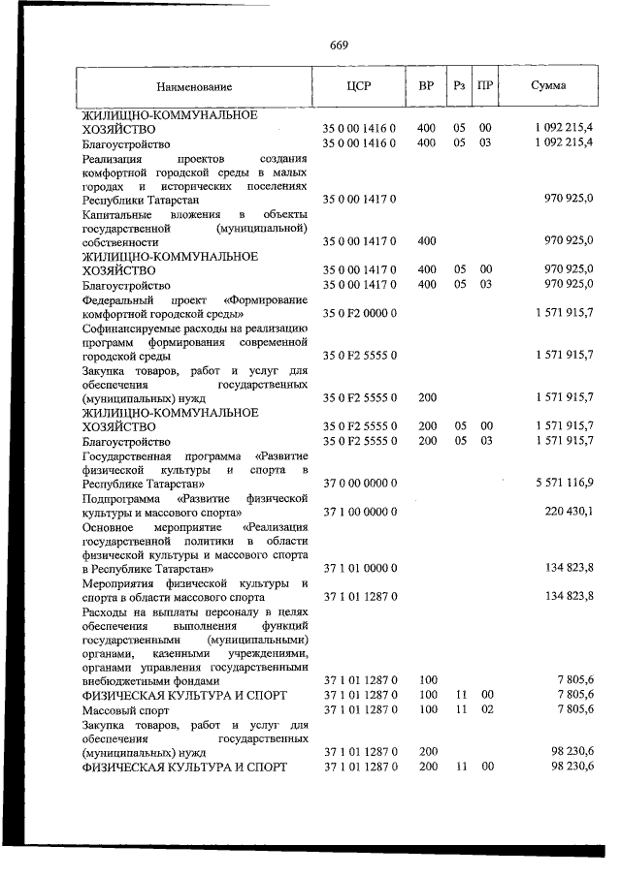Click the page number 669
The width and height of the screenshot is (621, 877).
pyautogui.click(x=339, y=46)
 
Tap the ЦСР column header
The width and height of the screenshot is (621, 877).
pyautogui.click(x=359, y=86)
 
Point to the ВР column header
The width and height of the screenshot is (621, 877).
pyautogui.click(x=426, y=86)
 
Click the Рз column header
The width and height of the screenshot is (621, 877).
pyautogui.click(x=459, y=86)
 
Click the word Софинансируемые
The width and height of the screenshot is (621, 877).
pyautogui.click(x=134, y=329)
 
